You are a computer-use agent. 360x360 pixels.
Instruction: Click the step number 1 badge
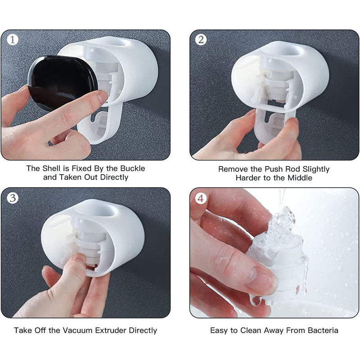pyautogui.click(x=13, y=39)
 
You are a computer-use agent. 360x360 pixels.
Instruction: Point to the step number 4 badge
pyautogui.click(x=201, y=198)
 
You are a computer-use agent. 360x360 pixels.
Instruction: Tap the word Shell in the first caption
pyautogui.click(x=52, y=168)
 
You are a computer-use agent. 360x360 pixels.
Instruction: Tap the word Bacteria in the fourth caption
pyautogui.click(x=323, y=330)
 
